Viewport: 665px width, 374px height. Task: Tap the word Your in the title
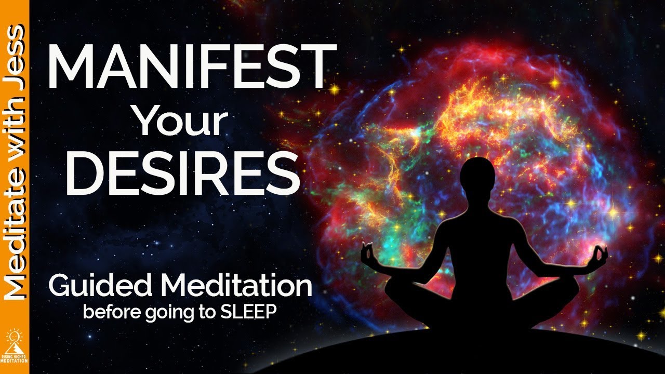point(181,121)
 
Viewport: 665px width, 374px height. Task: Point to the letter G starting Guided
point(59,286)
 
